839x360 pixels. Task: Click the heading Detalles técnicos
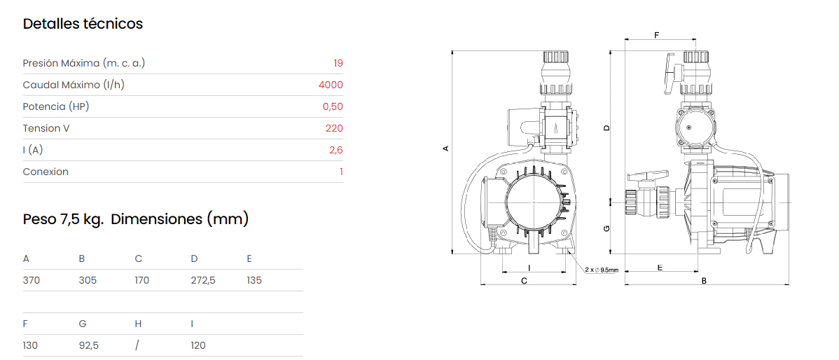pos(83,24)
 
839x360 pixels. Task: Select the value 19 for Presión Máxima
pos(338,63)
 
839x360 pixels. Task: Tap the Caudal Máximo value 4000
pos(331,85)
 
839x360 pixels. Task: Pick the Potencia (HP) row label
pos(55,106)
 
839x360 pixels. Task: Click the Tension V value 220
pos(335,128)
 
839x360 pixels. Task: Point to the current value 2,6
pos(336,151)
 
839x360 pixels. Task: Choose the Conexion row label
pos(46,172)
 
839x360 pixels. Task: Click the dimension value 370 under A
pos(32,280)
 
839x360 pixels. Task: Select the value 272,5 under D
pos(203,280)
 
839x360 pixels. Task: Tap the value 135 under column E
pos(255,280)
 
